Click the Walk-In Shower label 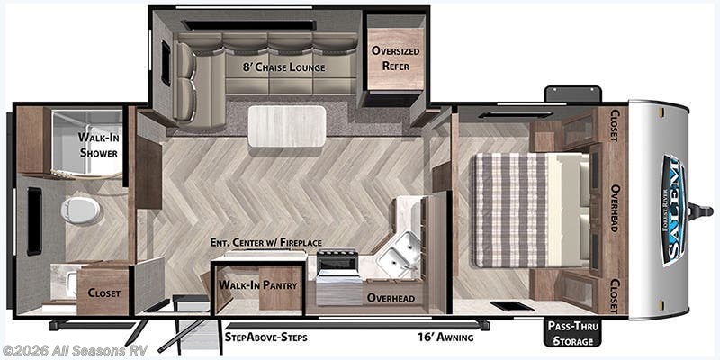tap(98, 145)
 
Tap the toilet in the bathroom tap(80, 211)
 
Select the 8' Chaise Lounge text tap(283, 67)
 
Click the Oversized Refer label tap(396, 58)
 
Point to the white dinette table tap(287, 126)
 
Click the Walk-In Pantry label tap(257, 284)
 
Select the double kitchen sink tap(398, 254)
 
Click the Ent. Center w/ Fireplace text tap(265, 242)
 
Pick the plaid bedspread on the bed tap(511, 210)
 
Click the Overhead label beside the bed tap(616, 208)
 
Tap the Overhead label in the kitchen tap(391, 298)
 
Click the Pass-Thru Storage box tap(571, 333)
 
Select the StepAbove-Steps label tap(265, 337)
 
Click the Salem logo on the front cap tap(673, 211)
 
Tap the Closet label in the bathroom tap(104, 293)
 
